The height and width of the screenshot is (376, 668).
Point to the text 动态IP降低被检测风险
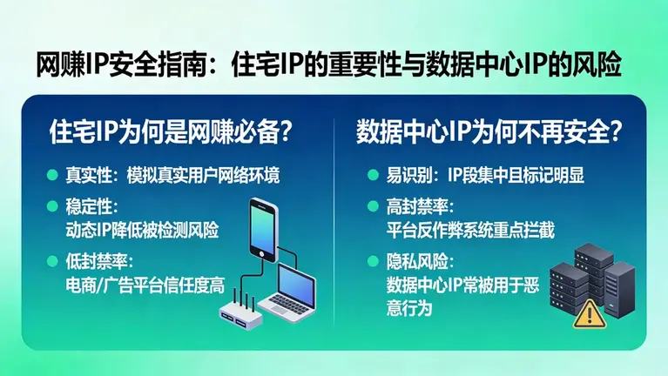coord(142,230)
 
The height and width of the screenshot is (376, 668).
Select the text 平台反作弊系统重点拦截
coord(470,230)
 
